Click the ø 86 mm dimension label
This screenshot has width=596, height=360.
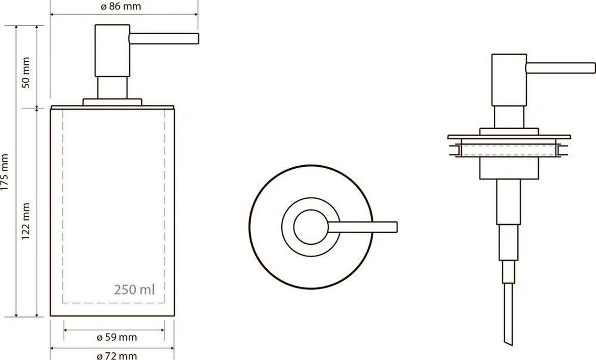click(x=121, y=6)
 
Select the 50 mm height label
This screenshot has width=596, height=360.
click(x=26, y=72)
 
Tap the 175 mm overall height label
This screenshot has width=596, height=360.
click(x=4, y=172)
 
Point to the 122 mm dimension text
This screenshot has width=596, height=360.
click(x=26, y=221)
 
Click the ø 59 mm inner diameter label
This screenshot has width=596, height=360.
click(x=117, y=337)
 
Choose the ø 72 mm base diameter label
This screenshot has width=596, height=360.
click(x=117, y=356)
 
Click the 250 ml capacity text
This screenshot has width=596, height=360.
click(x=134, y=290)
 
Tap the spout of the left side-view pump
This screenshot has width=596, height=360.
click(x=164, y=39)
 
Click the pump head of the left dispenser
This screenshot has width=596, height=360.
click(x=112, y=50)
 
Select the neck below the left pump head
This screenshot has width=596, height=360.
click(x=112, y=88)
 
